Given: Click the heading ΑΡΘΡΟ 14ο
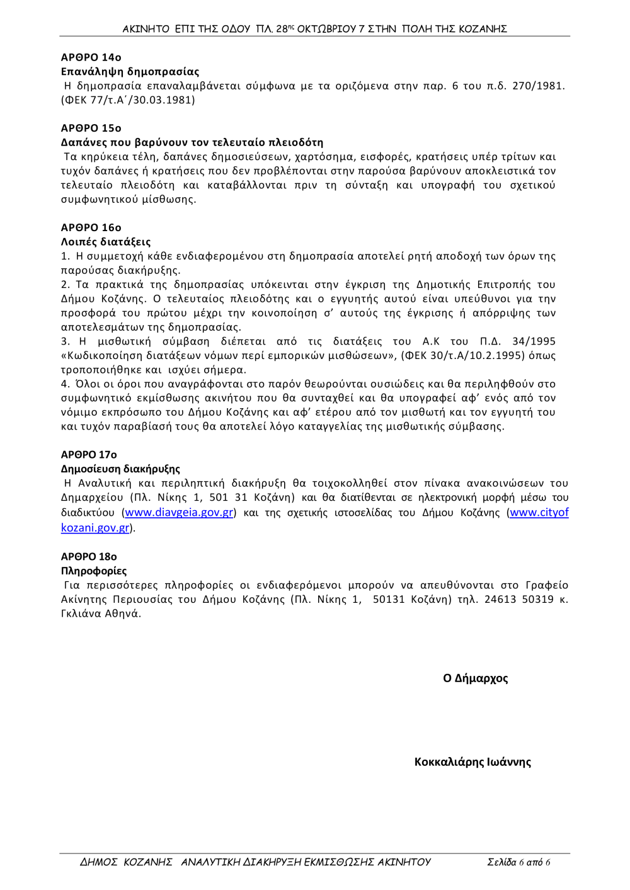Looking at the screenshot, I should pos(91,57).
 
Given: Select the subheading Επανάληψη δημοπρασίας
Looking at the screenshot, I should pos(130,72).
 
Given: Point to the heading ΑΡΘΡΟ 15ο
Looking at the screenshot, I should pos(91,128).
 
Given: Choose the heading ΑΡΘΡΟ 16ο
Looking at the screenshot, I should pos(91,227).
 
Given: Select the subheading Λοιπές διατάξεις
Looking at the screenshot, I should pos(106,242).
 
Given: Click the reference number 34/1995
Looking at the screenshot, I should pos(534,341).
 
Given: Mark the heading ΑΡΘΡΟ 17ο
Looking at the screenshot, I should pos(89,455).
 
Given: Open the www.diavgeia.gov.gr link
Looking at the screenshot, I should pos(179,513).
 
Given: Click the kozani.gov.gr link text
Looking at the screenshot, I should pos(95,528).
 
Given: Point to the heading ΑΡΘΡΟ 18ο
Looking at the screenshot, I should pos(89,557).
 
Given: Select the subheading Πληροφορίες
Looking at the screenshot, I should pos(94,571).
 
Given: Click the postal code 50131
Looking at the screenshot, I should pos(388,600).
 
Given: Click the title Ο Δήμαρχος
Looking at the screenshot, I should pos(475,678).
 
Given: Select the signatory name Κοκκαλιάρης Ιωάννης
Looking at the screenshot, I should pos(472,762).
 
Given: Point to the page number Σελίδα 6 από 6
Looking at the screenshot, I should pos(518,862).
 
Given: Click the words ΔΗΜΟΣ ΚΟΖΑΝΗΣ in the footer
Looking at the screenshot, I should pos(126,862).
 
